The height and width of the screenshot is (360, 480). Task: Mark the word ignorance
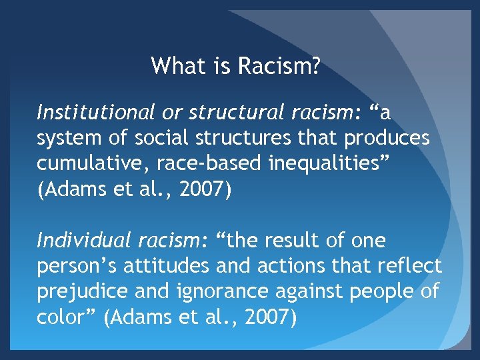pos(209,291)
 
